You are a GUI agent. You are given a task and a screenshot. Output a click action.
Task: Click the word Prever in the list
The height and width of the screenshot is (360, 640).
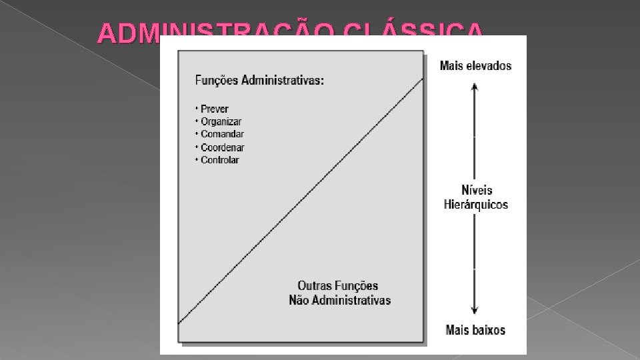pos(214,109)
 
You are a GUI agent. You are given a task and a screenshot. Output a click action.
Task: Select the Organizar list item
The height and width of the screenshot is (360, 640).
pos(221,122)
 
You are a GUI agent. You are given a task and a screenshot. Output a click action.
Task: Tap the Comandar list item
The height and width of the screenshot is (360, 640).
pos(222,135)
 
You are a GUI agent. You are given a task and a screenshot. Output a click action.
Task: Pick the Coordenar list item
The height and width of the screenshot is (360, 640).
pos(222,147)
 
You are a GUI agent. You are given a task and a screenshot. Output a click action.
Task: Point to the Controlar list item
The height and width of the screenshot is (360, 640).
pos(219,160)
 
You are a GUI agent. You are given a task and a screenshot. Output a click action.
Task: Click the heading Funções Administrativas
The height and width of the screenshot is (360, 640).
pos(259,81)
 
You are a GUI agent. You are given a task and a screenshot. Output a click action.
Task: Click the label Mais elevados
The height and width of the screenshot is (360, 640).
pos(475,65)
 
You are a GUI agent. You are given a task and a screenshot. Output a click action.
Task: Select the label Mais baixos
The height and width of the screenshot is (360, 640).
pos(475,329)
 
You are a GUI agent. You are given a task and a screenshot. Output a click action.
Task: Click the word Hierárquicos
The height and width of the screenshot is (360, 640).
pos(476,205)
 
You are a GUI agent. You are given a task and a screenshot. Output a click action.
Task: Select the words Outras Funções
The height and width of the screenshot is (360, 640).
pos(338,286)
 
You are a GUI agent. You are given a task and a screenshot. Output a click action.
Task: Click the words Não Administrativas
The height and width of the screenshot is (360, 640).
pos(339,300)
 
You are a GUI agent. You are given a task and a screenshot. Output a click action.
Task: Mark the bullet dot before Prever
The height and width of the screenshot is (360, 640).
pos(197,108)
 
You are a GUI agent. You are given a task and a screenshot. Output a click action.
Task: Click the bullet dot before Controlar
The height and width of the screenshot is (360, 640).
pos(197,159)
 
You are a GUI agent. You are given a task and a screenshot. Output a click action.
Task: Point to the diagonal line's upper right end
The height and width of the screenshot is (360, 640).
pos(422,79)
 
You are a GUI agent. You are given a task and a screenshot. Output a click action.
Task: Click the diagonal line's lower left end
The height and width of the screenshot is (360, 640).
pos(179,323)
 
